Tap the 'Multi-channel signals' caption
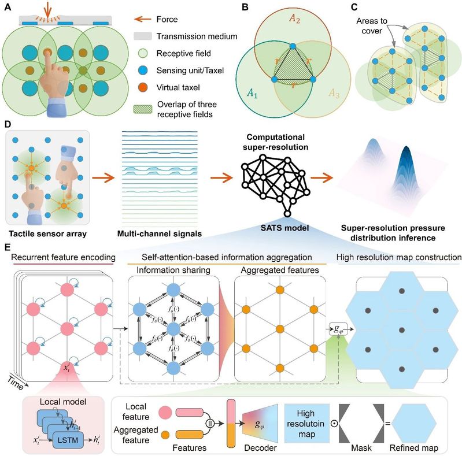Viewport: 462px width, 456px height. click(156, 233)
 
